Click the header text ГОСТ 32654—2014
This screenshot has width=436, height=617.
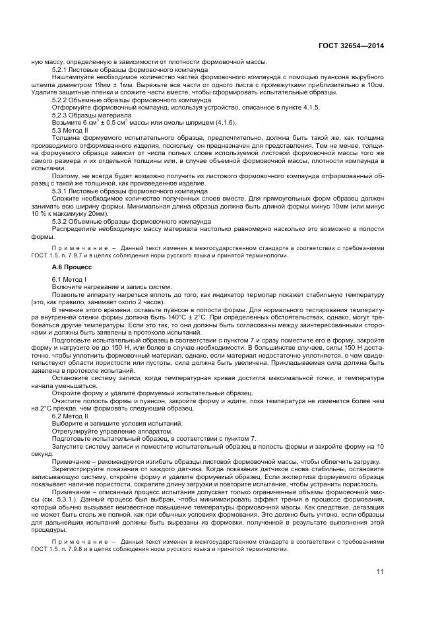(351, 46)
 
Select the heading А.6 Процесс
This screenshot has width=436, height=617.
(73, 267)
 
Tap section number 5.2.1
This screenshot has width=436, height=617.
(61, 69)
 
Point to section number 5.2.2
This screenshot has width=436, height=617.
(61, 100)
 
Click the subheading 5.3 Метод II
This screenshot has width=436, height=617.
(71, 130)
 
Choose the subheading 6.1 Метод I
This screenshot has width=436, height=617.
(69, 280)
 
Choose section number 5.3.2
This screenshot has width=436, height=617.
(61, 222)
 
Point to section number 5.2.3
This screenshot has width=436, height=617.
(61, 115)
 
